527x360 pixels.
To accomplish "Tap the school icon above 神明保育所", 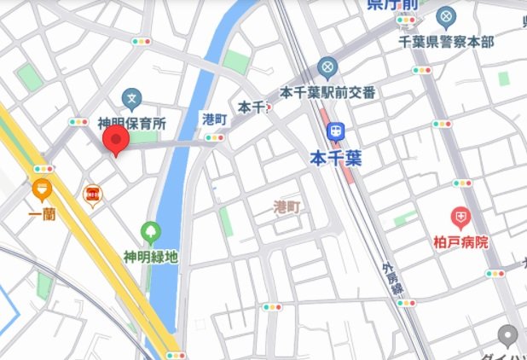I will [x=131, y=99].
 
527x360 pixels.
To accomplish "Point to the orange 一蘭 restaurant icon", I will [x=42, y=189].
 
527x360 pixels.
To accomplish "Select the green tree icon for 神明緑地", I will [x=150, y=230].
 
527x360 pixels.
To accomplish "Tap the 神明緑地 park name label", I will [x=150, y=255].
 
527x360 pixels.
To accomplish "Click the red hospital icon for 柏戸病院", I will [x=461, y=218].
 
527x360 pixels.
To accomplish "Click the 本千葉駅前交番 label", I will [x=327, y=91].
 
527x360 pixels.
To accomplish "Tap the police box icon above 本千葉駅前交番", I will [x=327, y=67].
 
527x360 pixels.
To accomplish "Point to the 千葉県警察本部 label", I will [x=446, y=41].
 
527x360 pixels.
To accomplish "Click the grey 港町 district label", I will [x=287, y=206].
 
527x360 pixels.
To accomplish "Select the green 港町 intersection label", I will [x=214, y=119].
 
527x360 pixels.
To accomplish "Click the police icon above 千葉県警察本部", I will [x=446, y=16].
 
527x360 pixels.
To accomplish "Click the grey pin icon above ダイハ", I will [x=509, y=334].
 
